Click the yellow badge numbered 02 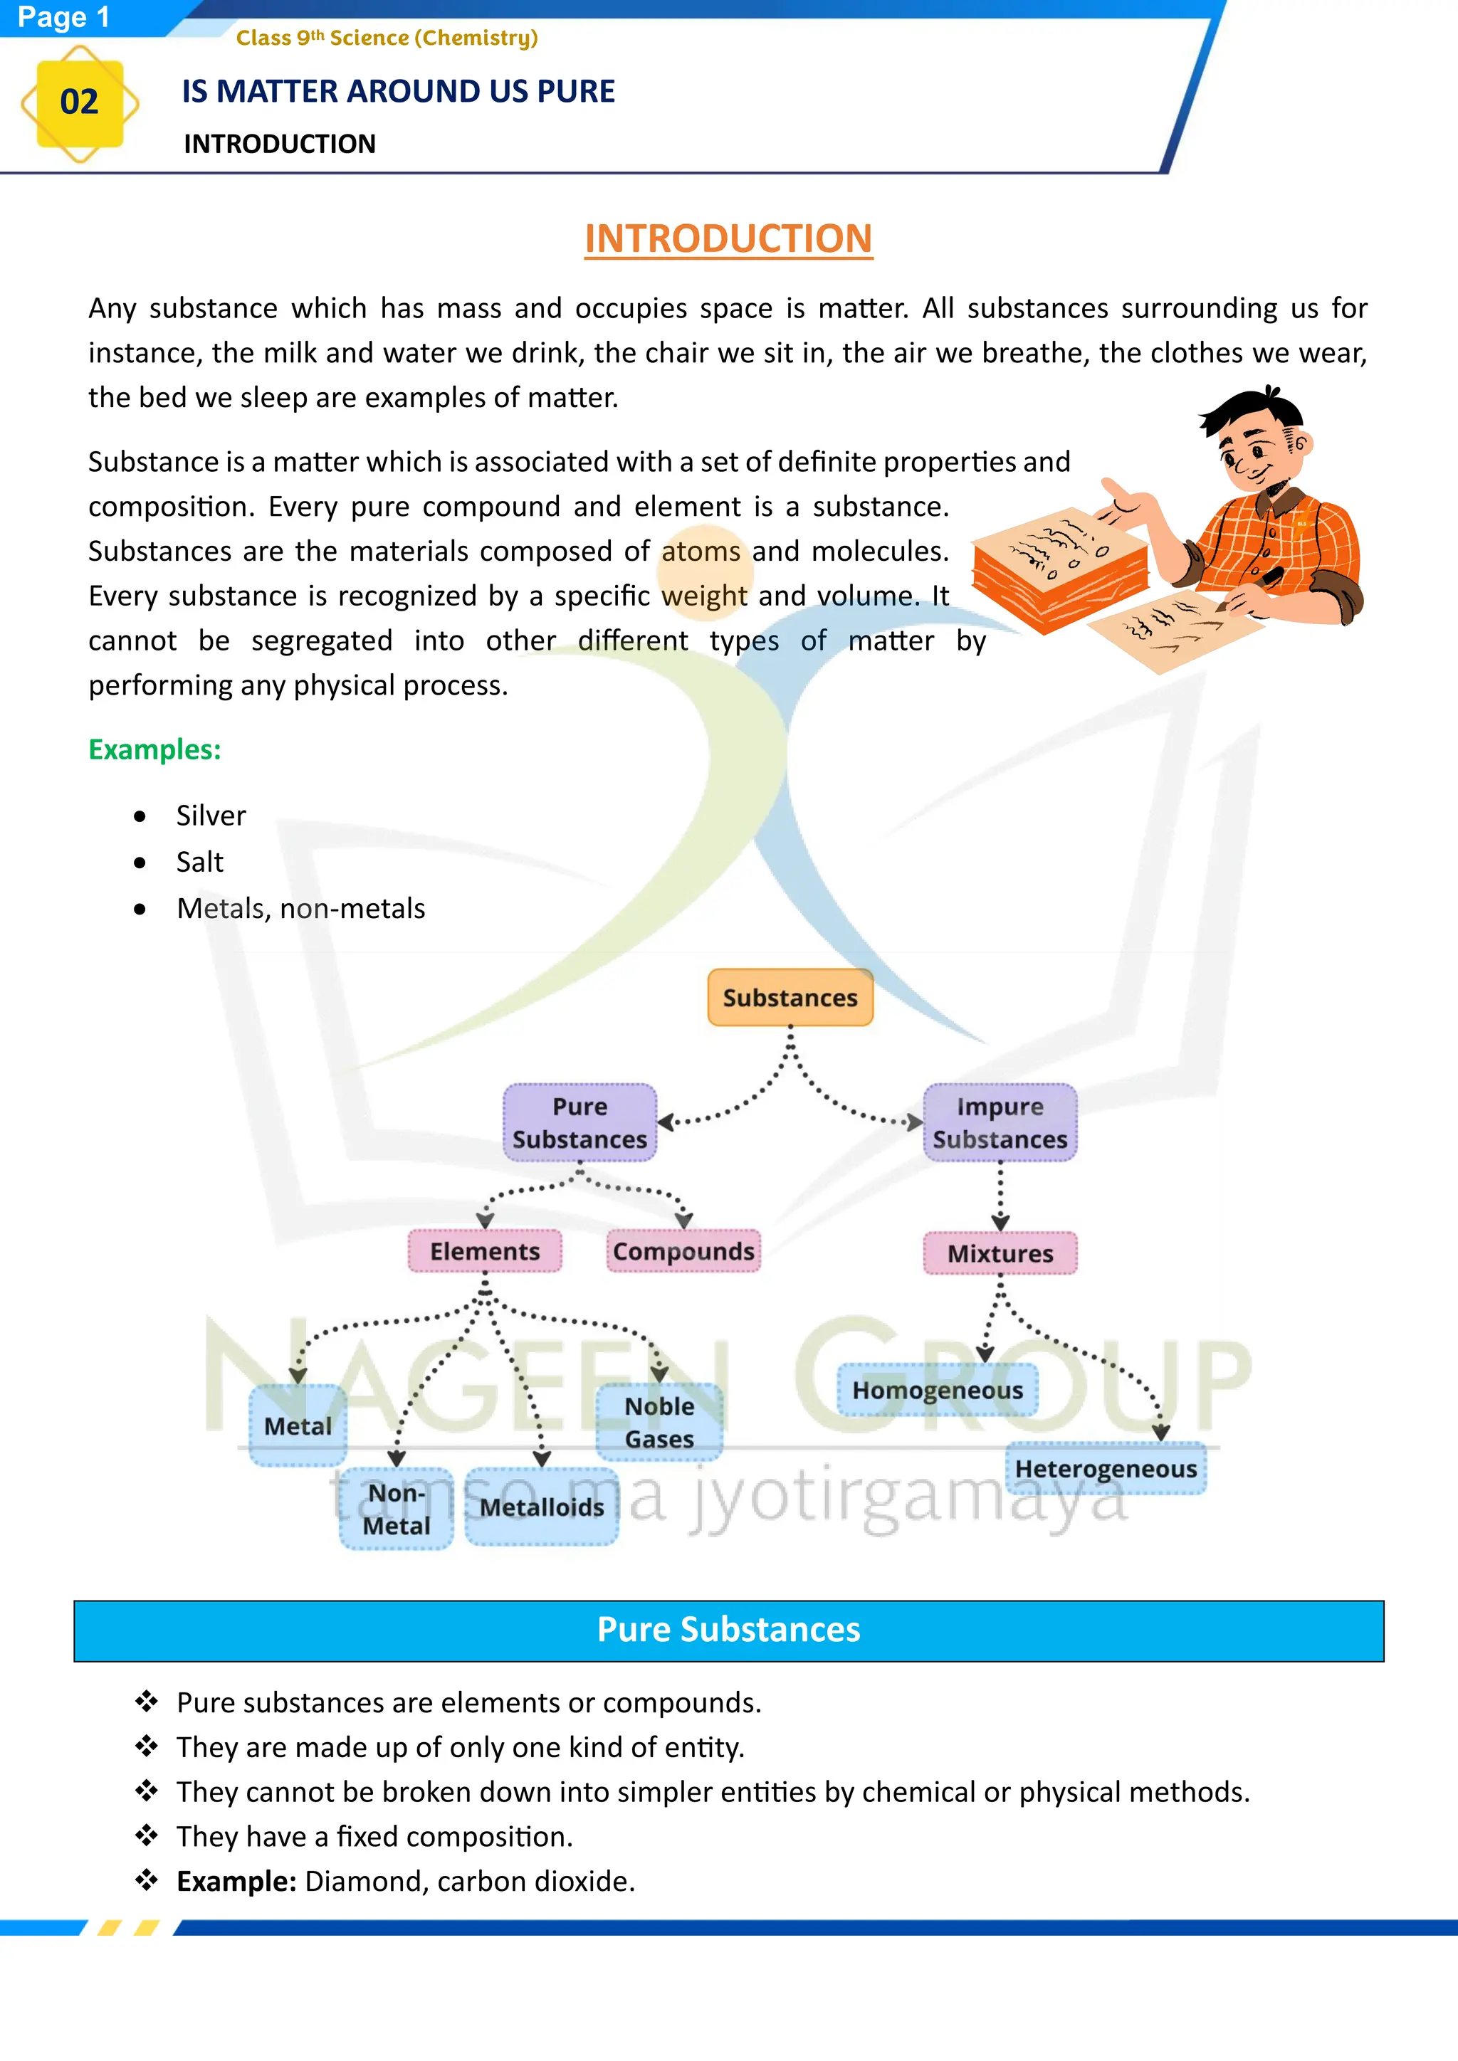[x=79, y=103]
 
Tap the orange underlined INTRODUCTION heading [x=728, y=239]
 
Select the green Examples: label [x=154, y=749]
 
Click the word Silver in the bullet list [x=210, y=816]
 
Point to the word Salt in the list [x=199, y=863]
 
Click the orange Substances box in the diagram [x=790, y=997]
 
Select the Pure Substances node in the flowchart [x=580, y=1123]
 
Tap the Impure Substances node [x=1000, y=1123]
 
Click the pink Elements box [x=485, y=1251]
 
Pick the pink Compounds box [x=683, y=1251]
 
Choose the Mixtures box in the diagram [x=1000, y=1253]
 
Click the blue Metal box [x=298, y=1425]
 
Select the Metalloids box [x=541, y=1507]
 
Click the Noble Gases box [x=659, y=1423]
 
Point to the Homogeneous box [x=938, y=1391]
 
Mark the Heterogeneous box [x=1106, y=1469]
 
